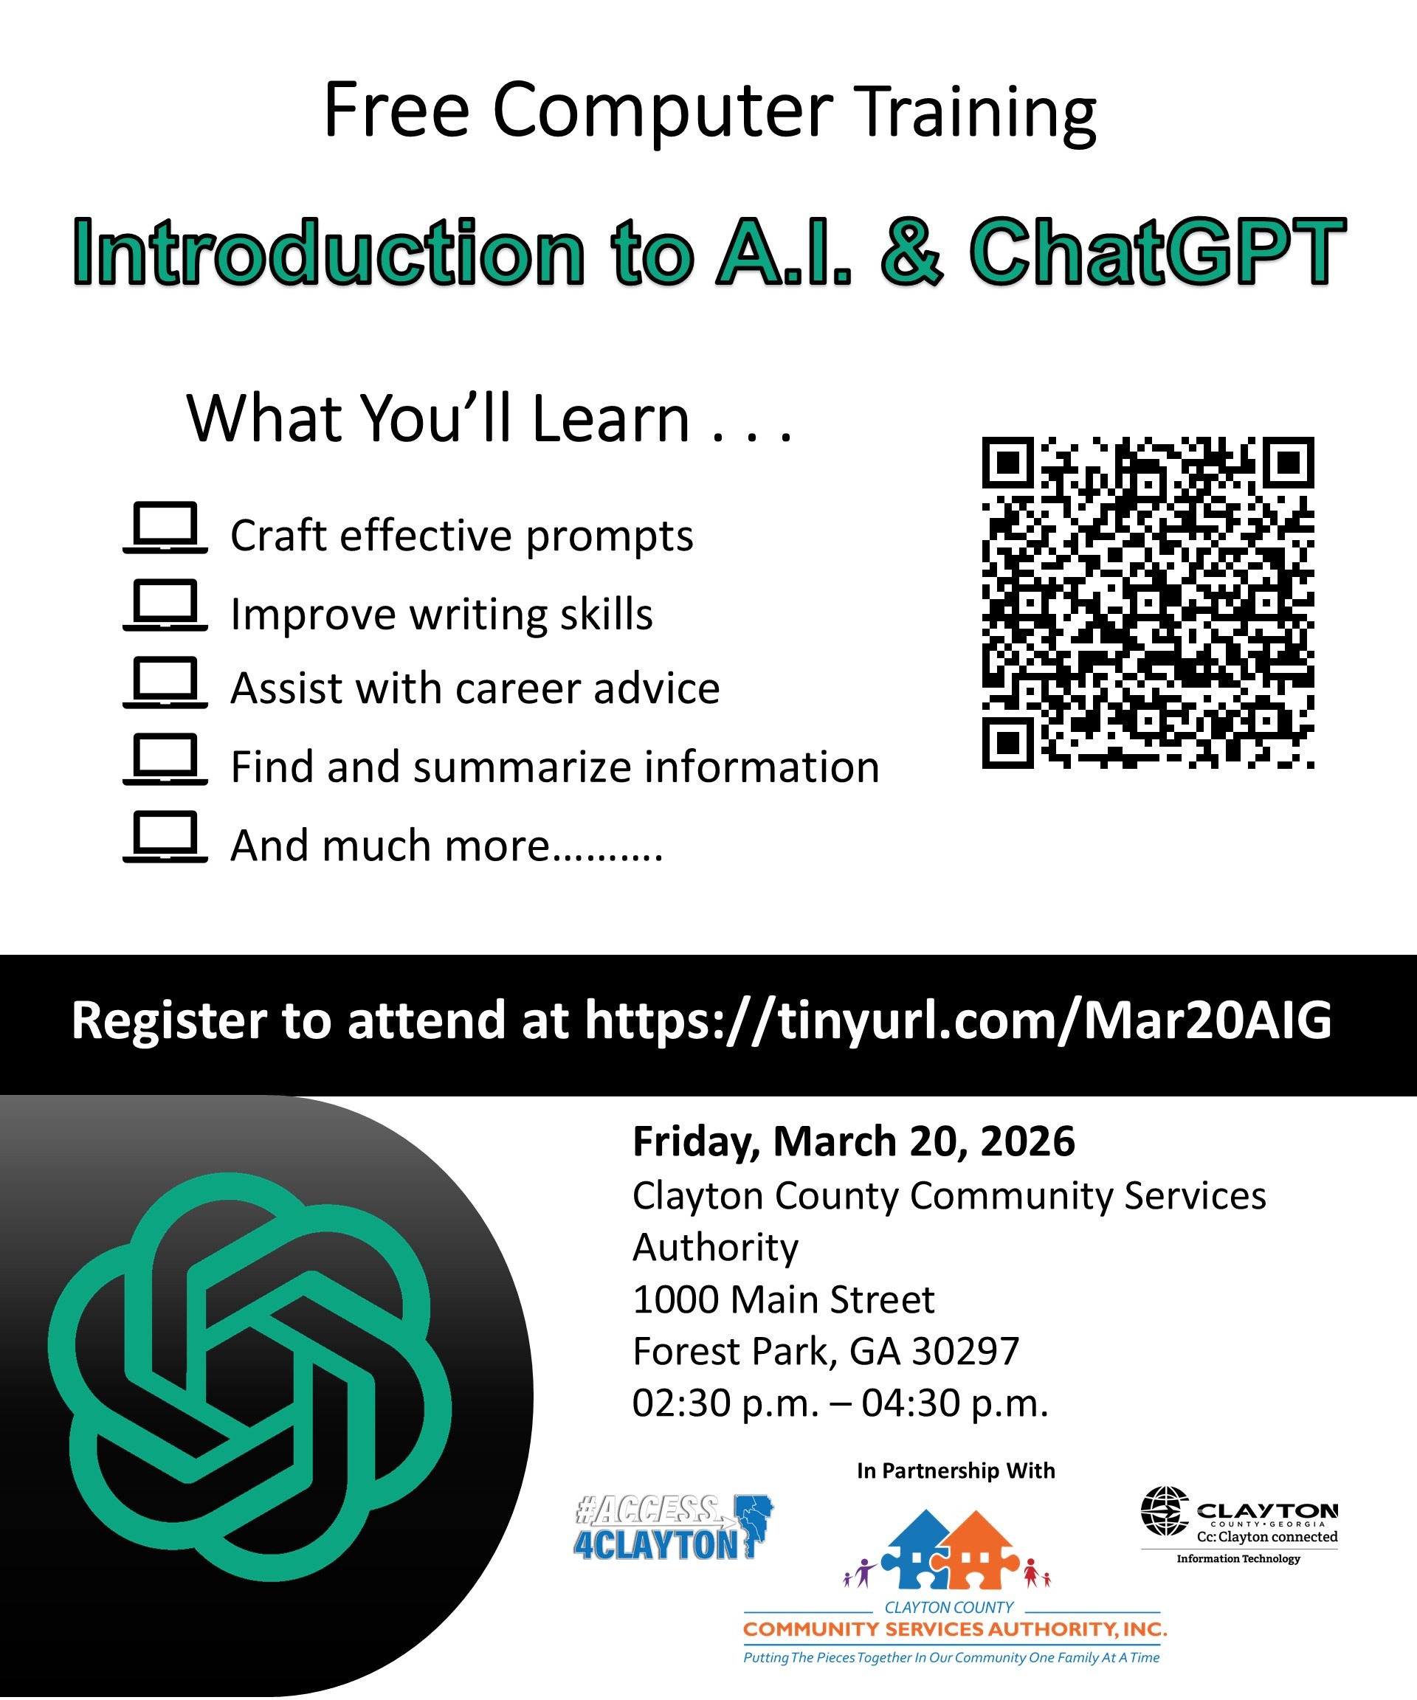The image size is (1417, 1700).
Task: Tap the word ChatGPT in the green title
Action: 1157,252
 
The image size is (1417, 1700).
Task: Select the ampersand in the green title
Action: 911,252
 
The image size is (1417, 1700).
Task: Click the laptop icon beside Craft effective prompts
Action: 165,528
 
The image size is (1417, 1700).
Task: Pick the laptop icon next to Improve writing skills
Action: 165,605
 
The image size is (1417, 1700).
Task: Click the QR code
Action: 1148,602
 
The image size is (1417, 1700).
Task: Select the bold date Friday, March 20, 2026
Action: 853,1141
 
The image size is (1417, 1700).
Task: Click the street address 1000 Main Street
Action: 783,1299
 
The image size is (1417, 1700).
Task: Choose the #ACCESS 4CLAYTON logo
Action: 672,1528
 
